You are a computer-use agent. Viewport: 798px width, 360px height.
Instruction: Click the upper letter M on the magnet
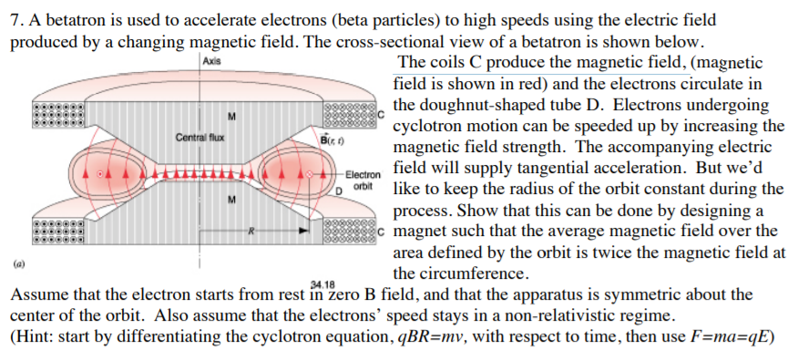(231, 117)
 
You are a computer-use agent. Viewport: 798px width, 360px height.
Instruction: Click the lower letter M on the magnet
(231, 200)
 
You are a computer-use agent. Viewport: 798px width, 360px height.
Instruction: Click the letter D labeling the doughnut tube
(337, 190)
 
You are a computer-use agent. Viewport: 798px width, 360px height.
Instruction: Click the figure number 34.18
(322, 286)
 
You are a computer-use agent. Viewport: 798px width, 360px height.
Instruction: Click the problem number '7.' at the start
(15, 19)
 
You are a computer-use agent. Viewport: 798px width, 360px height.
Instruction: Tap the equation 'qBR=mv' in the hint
(456, 336)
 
